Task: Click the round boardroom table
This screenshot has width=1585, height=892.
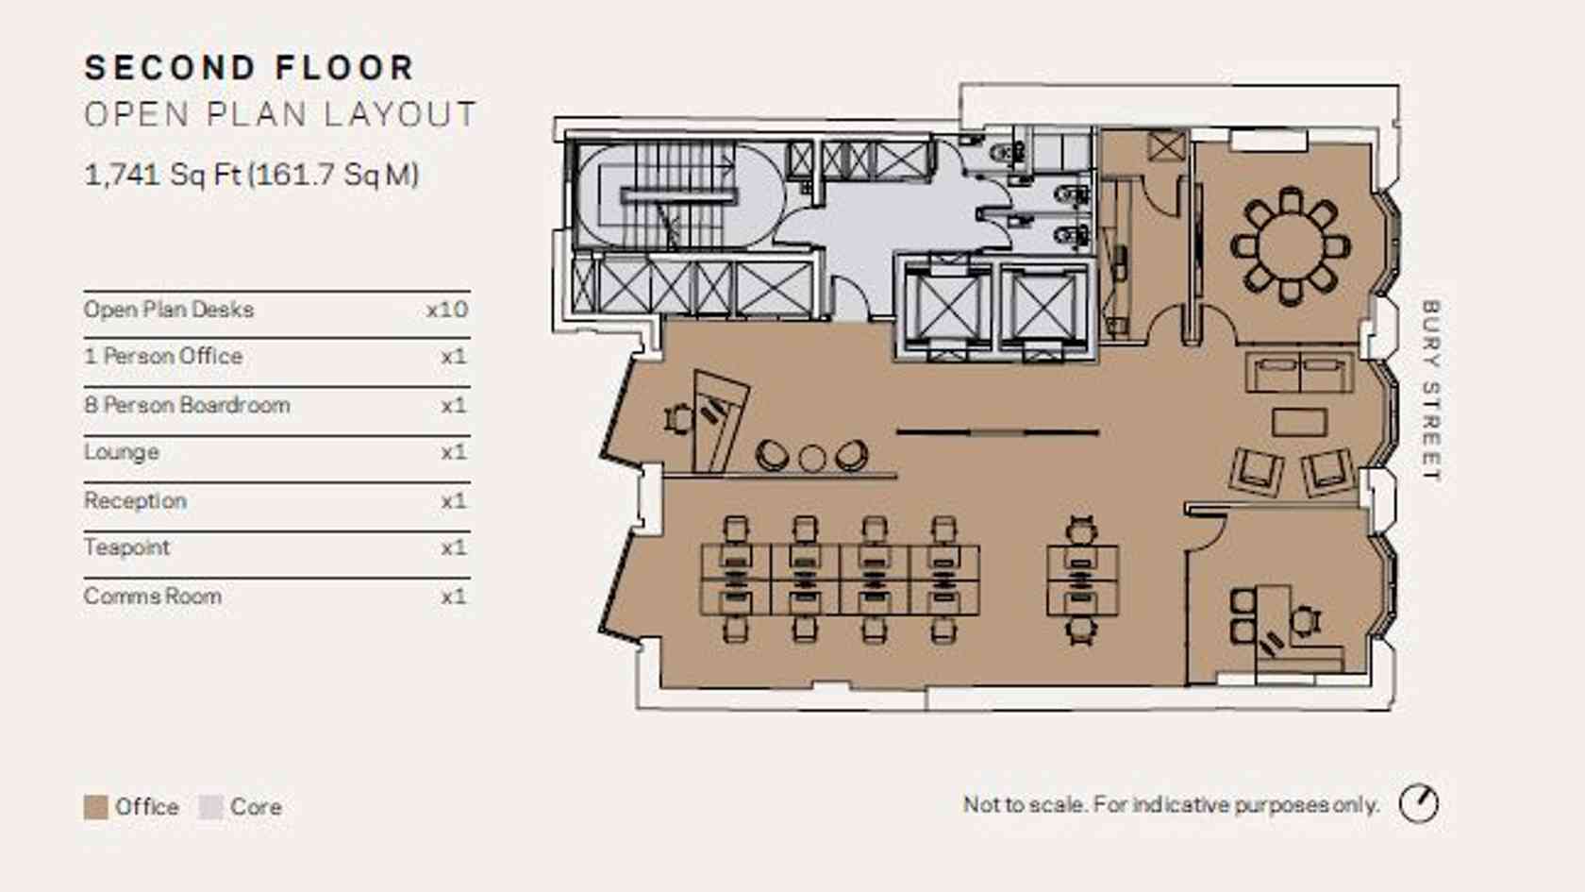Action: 1291,245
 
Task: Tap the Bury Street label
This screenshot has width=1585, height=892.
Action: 1430,392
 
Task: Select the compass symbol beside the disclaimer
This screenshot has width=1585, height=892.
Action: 1419,804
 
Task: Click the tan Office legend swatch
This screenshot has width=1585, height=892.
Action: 95,807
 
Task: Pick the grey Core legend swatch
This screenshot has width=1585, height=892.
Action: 211,807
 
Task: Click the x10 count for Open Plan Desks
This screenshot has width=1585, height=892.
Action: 447,310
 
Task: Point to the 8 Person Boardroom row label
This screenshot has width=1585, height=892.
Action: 187,405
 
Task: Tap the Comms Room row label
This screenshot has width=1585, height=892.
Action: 153,597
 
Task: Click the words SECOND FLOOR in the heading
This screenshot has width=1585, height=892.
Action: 249,68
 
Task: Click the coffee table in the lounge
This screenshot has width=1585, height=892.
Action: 1299,423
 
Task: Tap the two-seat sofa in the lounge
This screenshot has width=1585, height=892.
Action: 1300,372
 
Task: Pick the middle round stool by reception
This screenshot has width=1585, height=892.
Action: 811,458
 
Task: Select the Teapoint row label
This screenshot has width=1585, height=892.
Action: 126,547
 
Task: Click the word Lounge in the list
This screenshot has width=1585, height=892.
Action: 121,452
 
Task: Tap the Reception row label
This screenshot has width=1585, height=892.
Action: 135,500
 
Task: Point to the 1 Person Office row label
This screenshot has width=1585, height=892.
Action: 163,355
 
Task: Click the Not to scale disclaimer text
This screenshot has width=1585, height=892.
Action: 1171,805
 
